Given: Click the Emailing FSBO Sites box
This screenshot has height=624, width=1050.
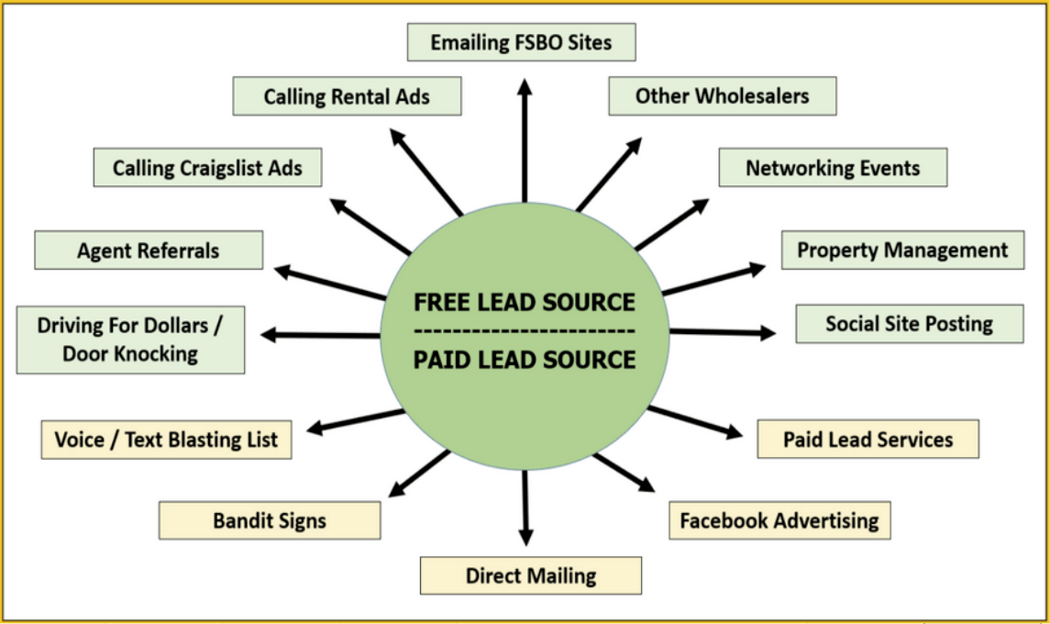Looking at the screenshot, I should pyautogui.click(x=521, y=42).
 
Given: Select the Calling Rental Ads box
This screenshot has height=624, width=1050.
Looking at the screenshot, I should pyautogui.click(x=347, y=96).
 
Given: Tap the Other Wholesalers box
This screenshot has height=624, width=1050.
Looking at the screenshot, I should pyautogui.click(x=723, y=96).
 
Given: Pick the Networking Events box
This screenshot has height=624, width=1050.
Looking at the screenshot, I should pyautogui.click(x=833, y=168).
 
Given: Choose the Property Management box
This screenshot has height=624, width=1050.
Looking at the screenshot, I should pyautogui.click(x=902, y=250).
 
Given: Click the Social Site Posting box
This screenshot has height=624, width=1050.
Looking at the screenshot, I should pyautogui.click(x=909, y=324).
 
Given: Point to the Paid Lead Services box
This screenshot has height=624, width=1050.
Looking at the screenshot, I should pyautogui.click(x=868, y=440).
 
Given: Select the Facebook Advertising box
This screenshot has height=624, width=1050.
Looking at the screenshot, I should pyautogui.click(x=779, y=521).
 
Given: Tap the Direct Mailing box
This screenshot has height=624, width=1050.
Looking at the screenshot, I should pyautogui.click(x=531, y=576).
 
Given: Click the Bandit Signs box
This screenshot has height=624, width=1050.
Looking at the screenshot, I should pyautogui.click(x=270, y=521).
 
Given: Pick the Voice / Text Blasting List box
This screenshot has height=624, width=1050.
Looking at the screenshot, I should pyautogui.click(x=166, y=440).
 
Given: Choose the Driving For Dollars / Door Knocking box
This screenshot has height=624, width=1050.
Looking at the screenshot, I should pyautogui.click(x=130, y=340).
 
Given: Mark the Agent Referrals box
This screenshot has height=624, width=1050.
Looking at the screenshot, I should pyautogui.click(x=149, y=251).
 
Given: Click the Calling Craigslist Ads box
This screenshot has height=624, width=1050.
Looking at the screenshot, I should pyautogui.click(x=207, y=168).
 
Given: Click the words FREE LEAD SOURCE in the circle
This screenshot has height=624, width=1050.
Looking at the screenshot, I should pyautogui.click(x=525, y=302).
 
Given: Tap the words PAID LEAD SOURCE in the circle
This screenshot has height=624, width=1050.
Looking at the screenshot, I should pyautogui.click(x=525, y=360).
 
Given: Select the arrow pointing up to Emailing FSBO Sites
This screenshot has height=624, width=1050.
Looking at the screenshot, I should pyautogui.click(x=525, y=138).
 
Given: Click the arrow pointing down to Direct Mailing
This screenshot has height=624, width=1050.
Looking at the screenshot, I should pyautogui.click(x=525, y=509).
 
